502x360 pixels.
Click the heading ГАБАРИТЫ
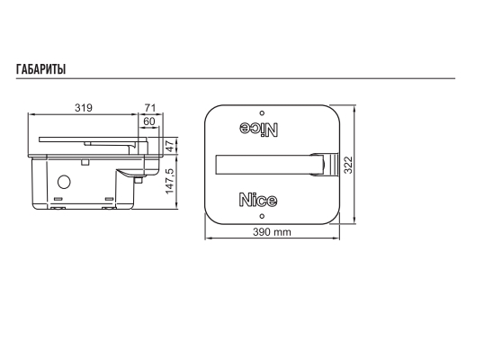[41, 69]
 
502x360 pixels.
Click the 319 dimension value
[84, 108]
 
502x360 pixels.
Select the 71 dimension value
[150, 108]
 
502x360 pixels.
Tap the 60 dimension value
[149, 121]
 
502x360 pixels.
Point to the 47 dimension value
[171, 146]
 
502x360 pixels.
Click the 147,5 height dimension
[170, 181]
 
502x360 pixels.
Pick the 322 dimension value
[348, 165]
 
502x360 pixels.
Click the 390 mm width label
[272, 231]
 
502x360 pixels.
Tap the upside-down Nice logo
[259, 129]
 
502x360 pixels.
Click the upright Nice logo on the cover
[258, 200]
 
